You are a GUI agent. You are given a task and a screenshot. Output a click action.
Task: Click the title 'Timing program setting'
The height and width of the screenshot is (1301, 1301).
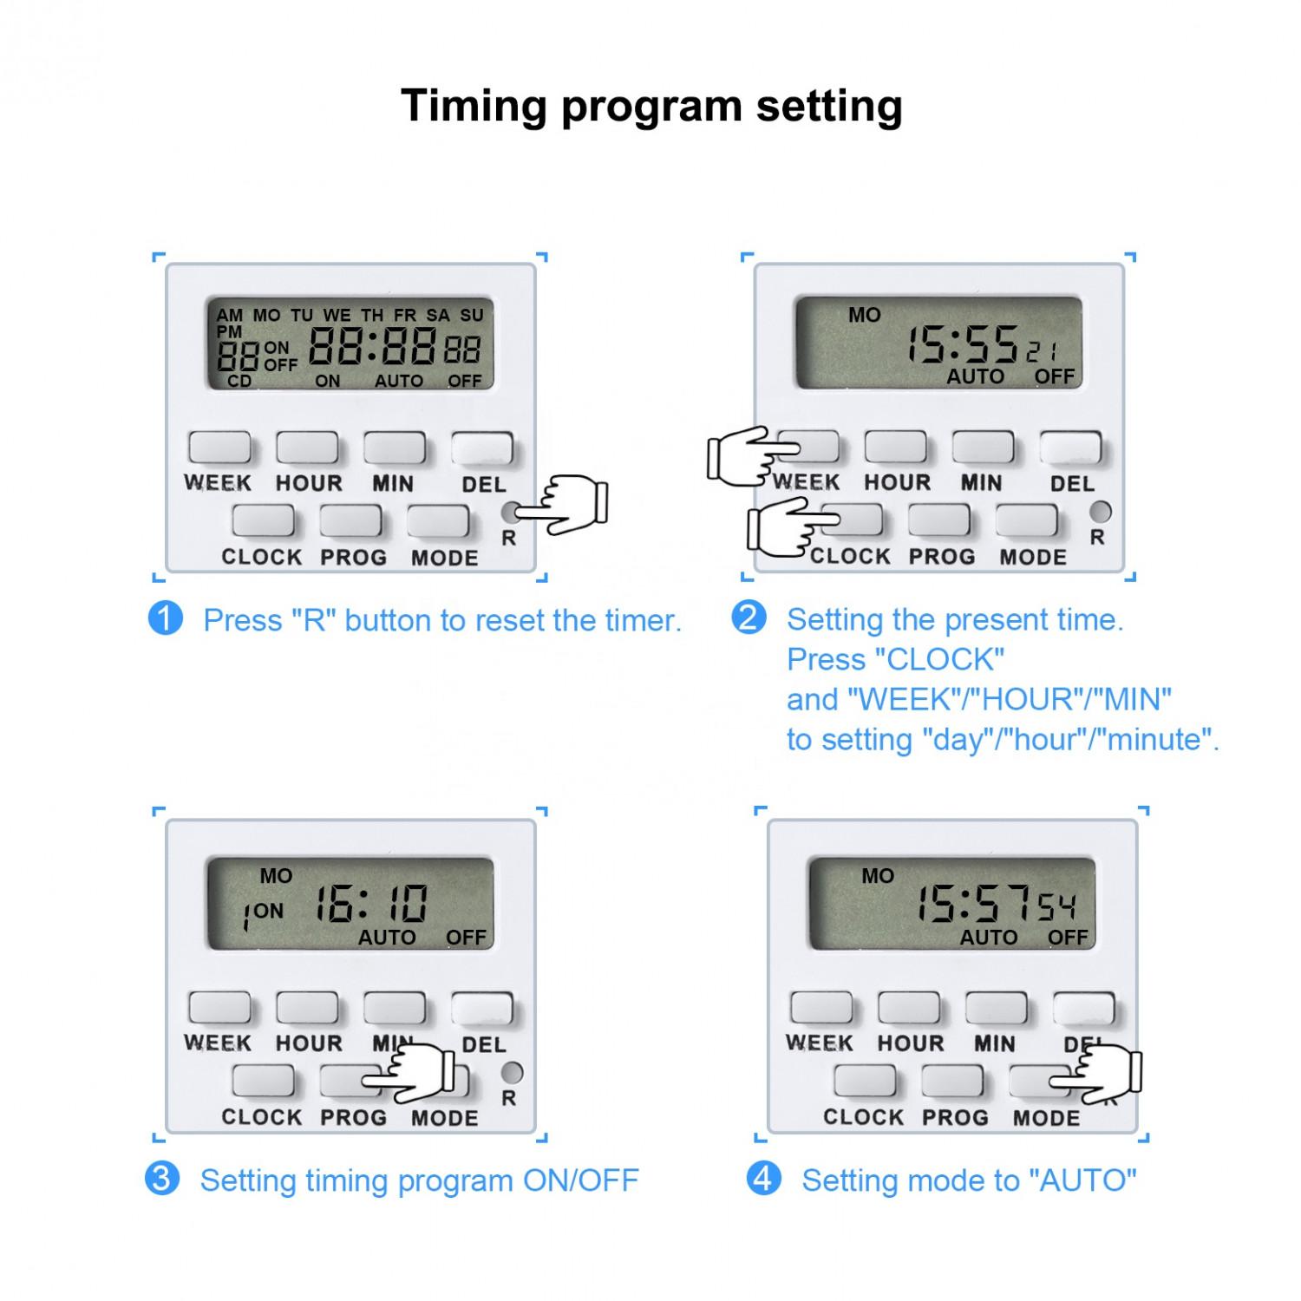click(651, 107)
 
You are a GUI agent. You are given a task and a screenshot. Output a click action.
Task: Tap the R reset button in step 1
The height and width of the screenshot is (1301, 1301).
click(511, 512)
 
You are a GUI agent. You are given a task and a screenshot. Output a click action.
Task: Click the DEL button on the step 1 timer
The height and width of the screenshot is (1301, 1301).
click(481, 448)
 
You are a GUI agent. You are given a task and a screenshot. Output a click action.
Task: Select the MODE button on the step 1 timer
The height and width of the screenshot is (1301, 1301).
click(438, 521)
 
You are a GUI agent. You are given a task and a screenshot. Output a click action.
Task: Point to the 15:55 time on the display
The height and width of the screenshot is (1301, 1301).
click(962, 344)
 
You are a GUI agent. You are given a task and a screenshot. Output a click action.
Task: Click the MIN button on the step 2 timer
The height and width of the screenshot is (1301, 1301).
click(983, 448)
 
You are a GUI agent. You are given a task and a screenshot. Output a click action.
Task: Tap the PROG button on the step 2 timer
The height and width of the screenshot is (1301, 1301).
click(939, 520)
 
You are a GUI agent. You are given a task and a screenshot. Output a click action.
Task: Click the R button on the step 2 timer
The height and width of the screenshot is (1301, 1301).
click(1100, 512)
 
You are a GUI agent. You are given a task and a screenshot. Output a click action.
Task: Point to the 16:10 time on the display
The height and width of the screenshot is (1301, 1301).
click(371, 905)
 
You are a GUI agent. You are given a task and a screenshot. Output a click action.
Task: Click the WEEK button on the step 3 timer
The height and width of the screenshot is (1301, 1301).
click(219, 1008)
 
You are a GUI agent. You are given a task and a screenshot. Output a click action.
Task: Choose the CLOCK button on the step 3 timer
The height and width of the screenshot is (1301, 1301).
click(263, 1081)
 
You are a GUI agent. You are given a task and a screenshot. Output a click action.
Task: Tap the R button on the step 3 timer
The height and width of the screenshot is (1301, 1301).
click(512, 1072)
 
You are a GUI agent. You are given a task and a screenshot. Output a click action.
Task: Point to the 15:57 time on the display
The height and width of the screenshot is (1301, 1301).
click(974, 905)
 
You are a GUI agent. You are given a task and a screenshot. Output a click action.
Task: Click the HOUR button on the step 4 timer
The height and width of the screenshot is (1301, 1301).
click(909, 1008)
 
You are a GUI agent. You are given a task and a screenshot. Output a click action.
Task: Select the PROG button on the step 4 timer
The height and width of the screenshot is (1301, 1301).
click(952, 1081)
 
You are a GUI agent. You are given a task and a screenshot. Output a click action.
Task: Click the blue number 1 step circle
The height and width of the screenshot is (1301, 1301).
click(166, 618)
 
